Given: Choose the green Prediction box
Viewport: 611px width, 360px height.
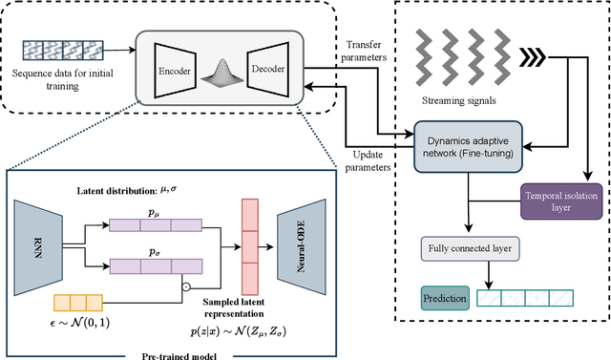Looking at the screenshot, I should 445,299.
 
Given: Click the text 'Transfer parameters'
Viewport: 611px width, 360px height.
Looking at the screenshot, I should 366,50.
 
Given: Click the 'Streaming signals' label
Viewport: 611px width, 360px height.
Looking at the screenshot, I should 462,97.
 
